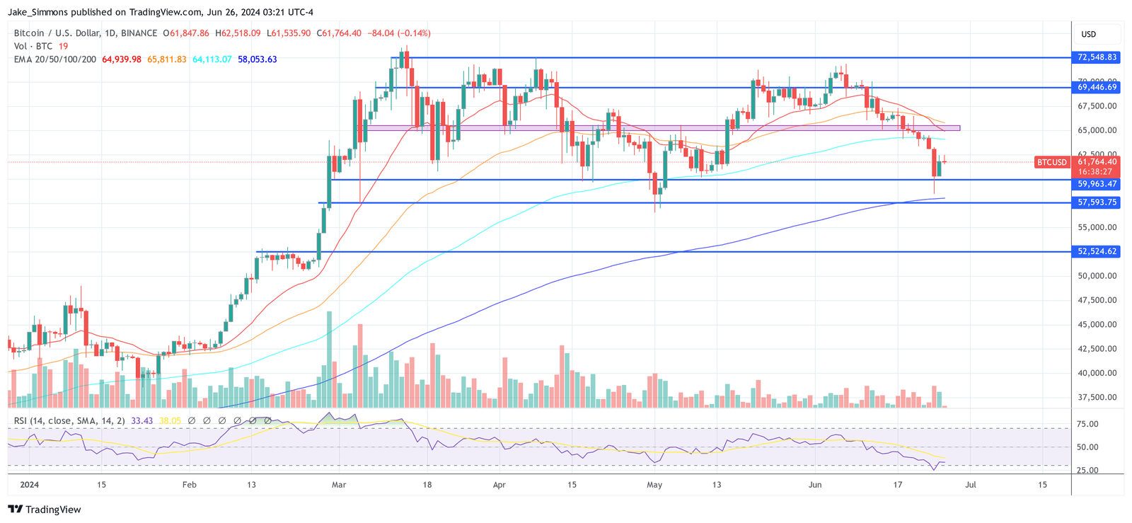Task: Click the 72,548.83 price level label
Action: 1097,57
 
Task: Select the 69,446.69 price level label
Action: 1097,88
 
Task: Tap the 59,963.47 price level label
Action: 1097,184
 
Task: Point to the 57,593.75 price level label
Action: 1097,202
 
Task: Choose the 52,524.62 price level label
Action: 1097,251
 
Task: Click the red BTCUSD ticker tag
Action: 1051,162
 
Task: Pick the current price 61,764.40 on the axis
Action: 1097,162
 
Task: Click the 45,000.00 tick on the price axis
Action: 1097,325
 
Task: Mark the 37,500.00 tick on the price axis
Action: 1097,398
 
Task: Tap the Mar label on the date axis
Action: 339,485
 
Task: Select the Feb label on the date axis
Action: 189,485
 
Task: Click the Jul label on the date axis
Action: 971,485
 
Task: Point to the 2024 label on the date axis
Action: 29,485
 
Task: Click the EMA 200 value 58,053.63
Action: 257,59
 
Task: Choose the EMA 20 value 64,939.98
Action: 122,59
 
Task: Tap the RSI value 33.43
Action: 141,421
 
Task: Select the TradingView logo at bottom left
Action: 44,510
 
